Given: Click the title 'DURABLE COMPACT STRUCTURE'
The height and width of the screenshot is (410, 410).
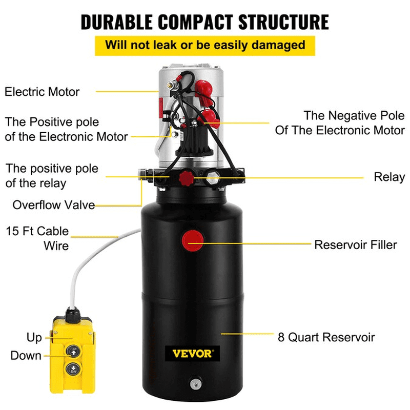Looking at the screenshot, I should [x=205, y=22].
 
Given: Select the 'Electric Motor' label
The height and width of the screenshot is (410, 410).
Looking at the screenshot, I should [x=42, y=92].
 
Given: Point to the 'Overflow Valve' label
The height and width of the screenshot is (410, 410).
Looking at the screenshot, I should [x=54, y=205].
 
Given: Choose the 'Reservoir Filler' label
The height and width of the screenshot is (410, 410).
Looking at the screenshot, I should [x=355, y=244].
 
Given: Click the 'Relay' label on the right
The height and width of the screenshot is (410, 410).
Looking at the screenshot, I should [x=389, y=177].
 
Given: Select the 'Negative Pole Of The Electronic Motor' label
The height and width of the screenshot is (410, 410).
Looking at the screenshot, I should [x=340, y=122].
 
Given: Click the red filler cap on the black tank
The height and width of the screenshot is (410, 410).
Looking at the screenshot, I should [x=193, y=239].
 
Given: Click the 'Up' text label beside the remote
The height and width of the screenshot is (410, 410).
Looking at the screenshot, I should [x=34, y=338].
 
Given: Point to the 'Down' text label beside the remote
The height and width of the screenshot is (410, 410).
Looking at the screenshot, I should [x=26, y=355].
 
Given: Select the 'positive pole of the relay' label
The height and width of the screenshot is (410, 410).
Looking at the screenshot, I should [x=52, y=175].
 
